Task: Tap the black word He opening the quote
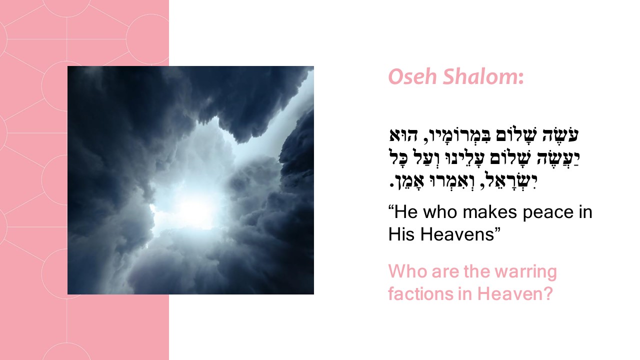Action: (x=405, y=212)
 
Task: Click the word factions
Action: (x=420, y=293)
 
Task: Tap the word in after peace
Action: (x=585, y=212)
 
